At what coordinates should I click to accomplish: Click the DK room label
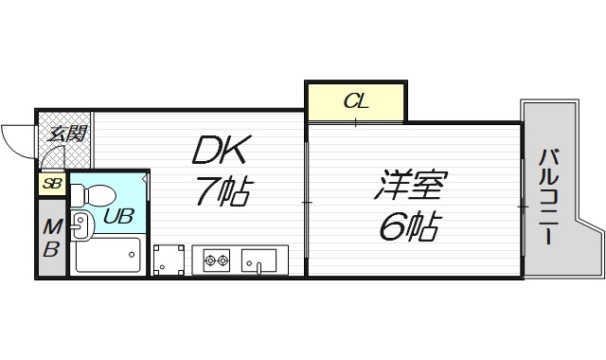pos(223,150)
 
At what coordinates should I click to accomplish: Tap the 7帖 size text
pos(223,191)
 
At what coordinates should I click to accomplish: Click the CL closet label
pos(355,99)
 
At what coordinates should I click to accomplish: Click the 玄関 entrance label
pos(64,133)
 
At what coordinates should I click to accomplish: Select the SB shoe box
pos(51,184)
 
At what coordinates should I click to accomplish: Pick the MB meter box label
pos(51,239)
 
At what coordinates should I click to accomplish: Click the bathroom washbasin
pos(80,225)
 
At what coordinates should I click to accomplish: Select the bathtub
pos(107,255)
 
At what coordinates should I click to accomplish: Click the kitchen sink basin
pos(258,259)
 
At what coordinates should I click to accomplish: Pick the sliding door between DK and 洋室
pos(306,201)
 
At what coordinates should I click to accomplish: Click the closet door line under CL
pos(355,121)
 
